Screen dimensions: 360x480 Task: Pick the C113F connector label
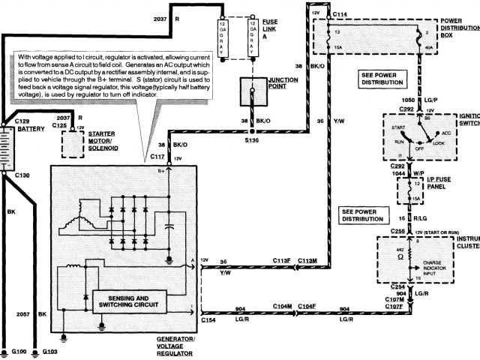tap(281, 260)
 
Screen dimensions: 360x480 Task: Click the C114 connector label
tap(340, 14)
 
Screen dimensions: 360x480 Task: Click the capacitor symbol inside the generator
tap(170, 224)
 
